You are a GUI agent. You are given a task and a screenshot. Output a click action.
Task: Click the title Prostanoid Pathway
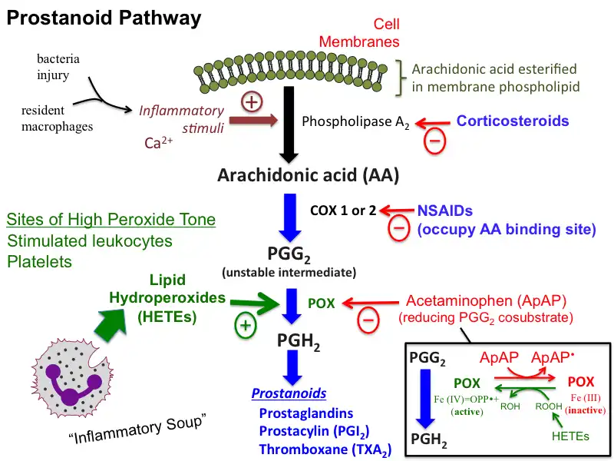click(x=104, y=18)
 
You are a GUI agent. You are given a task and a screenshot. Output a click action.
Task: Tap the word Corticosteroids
click(x=513, y=121)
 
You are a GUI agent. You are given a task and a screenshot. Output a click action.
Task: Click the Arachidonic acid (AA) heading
click(x=308, y=175)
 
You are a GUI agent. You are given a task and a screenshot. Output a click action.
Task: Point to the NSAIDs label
click(x=442, y=210)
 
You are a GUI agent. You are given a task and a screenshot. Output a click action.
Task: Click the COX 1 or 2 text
click(x=343, y=210)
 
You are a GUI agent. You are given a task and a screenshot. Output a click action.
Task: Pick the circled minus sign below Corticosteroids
click(x=434, y=141)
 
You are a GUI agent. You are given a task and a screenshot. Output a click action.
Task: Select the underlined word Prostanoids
click(x=289, y=393)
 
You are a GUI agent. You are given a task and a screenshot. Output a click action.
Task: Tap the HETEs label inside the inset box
click(x=571, y=436)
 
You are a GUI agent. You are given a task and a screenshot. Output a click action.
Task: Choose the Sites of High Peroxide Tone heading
click(x=111, y=221)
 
